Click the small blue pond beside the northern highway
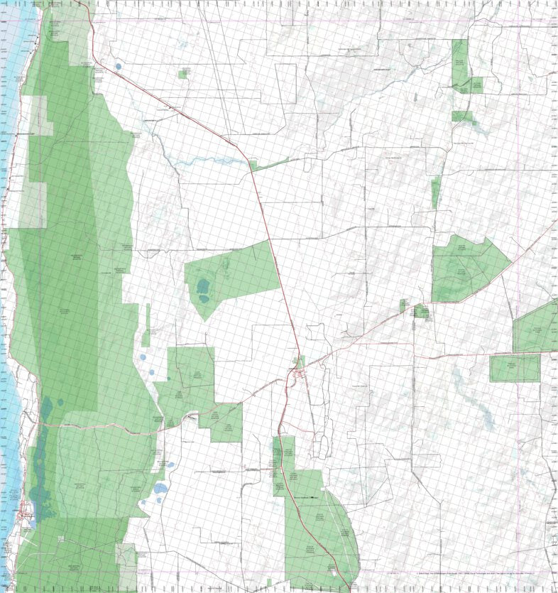pos(117,68)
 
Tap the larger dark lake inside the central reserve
pos(204,287)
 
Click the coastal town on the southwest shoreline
pos(27,509)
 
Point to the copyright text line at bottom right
pos(483,574)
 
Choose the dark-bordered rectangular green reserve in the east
pos(515,368)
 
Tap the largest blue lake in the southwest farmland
pos(161,489)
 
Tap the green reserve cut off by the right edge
pos(538,328)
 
